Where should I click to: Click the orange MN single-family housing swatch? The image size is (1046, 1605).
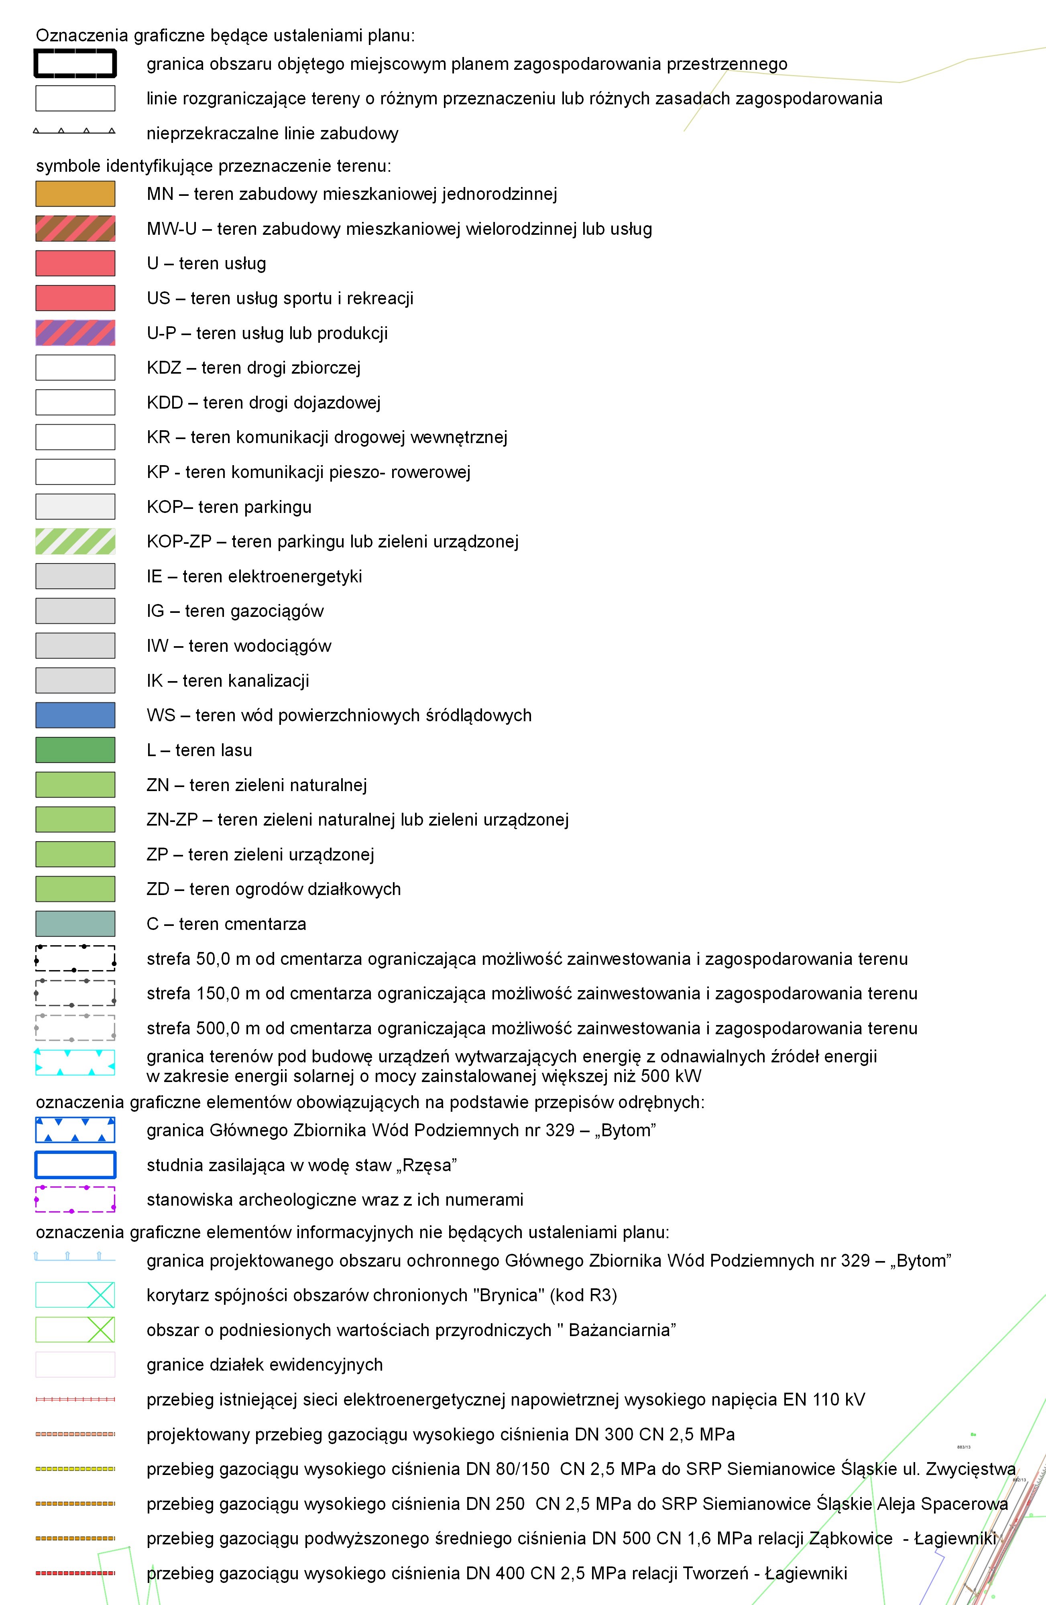tap(75, 193)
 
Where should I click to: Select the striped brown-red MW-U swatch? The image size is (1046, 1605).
tap(75, 229)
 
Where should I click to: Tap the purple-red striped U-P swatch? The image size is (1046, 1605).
tap(75, 332)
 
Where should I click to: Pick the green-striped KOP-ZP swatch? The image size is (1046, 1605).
tap(75, 541)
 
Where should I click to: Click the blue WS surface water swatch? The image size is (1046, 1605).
tap(75, 715)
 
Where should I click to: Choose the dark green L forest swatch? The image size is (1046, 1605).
tap(75, 750)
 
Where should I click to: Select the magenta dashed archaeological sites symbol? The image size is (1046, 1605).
tap(75, 1199)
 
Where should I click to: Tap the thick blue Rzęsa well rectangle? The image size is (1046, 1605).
tap(75, 1165)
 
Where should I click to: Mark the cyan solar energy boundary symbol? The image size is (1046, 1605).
tap(75, 1062)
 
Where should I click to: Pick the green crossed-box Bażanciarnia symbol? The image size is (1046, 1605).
tap(75, 1330)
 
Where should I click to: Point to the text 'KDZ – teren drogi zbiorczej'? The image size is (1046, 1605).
tap(254, 368)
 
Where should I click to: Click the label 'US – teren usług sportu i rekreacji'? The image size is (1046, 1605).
tap(280, 298)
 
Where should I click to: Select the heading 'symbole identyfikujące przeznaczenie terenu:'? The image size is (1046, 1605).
tap(213, 166)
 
